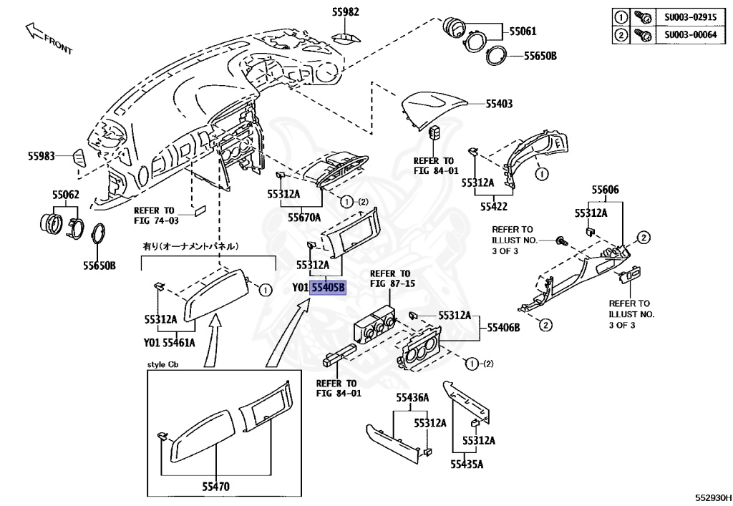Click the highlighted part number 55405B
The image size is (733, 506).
(x=328, y=288)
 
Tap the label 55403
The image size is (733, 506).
(x=499, y=104)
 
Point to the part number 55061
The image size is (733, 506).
(x=523, y=31)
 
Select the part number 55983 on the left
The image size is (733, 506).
(x=42, y=155)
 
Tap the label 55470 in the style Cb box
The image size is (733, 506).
(x=215, y=487)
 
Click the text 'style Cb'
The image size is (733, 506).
(x=162, y=365)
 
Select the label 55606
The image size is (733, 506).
(x=605, y=190)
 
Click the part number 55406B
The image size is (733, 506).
(x=503, y=328)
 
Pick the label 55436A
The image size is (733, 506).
(x=412, y=397)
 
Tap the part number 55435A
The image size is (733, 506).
(x=467, y=464)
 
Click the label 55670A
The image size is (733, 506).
(x=304, y=216)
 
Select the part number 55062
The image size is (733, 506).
(x=65, y=195)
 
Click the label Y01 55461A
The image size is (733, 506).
(x=169, y=343)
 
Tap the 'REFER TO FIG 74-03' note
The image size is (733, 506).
(x=154, y=215)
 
